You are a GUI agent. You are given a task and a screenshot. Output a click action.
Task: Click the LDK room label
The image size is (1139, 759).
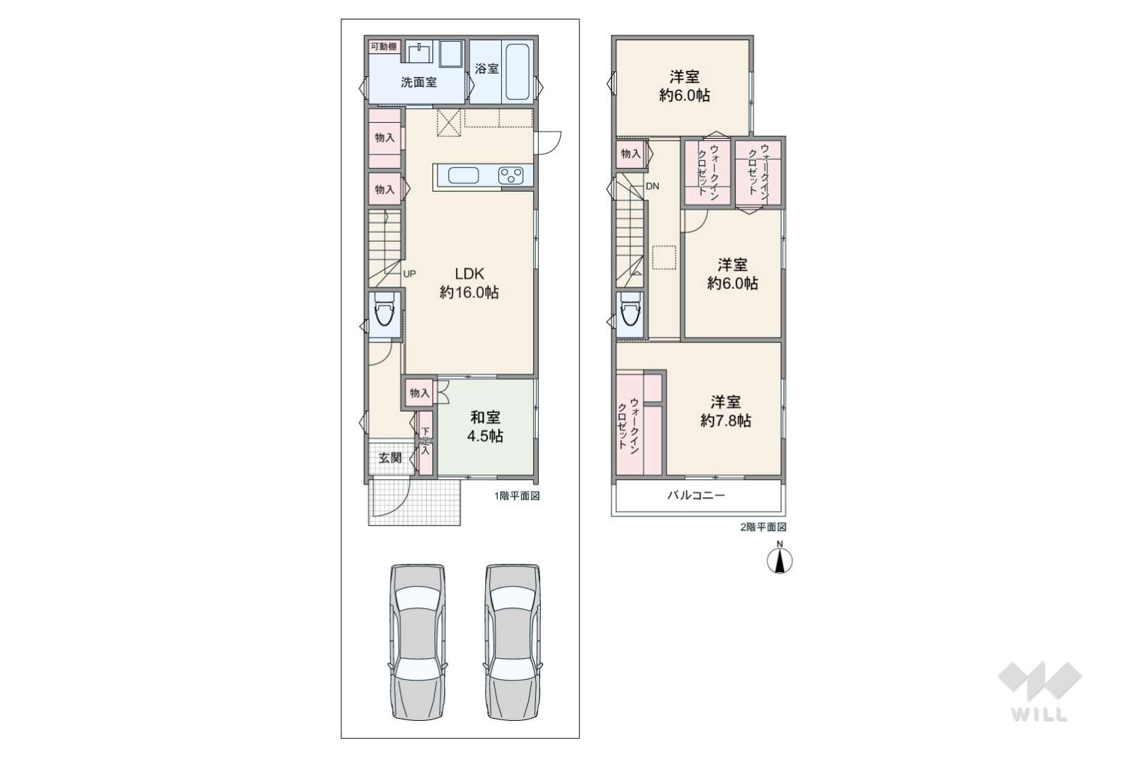(469, 283)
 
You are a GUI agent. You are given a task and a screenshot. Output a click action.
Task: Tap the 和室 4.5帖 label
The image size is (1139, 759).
(485, 427)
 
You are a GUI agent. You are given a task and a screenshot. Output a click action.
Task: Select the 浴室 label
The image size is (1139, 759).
(486, 69)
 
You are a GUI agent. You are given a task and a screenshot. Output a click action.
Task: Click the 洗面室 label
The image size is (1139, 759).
(418, 83)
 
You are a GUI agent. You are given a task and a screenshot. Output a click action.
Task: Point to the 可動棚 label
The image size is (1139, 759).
(384, 47)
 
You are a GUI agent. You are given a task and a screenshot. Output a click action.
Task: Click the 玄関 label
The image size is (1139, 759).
(390, 458)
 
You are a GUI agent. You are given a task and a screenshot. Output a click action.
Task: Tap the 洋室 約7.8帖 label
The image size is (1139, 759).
(726, 412)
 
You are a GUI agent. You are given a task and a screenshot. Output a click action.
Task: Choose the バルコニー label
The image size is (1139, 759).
(696, 495)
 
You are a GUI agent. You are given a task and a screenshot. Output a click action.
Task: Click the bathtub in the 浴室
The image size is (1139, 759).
(518, 72)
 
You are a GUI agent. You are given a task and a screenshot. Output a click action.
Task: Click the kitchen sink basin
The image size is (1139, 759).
(464, 175)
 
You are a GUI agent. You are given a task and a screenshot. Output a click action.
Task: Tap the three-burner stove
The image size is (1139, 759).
(511, 175)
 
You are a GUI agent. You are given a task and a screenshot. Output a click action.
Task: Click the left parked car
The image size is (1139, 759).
(418, 642)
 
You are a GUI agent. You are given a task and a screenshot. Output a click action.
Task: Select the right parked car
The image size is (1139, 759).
(513, 642)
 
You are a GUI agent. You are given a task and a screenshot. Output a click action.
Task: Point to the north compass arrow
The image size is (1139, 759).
(780, 561)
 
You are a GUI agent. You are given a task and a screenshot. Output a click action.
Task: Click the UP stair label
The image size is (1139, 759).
(409, 274)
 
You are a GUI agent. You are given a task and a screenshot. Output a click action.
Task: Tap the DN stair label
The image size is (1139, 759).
(653, 186)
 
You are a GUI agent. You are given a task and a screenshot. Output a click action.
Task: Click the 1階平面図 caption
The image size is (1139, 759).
(516, 496)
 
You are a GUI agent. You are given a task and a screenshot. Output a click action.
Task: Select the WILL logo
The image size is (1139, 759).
(1040, 691)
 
